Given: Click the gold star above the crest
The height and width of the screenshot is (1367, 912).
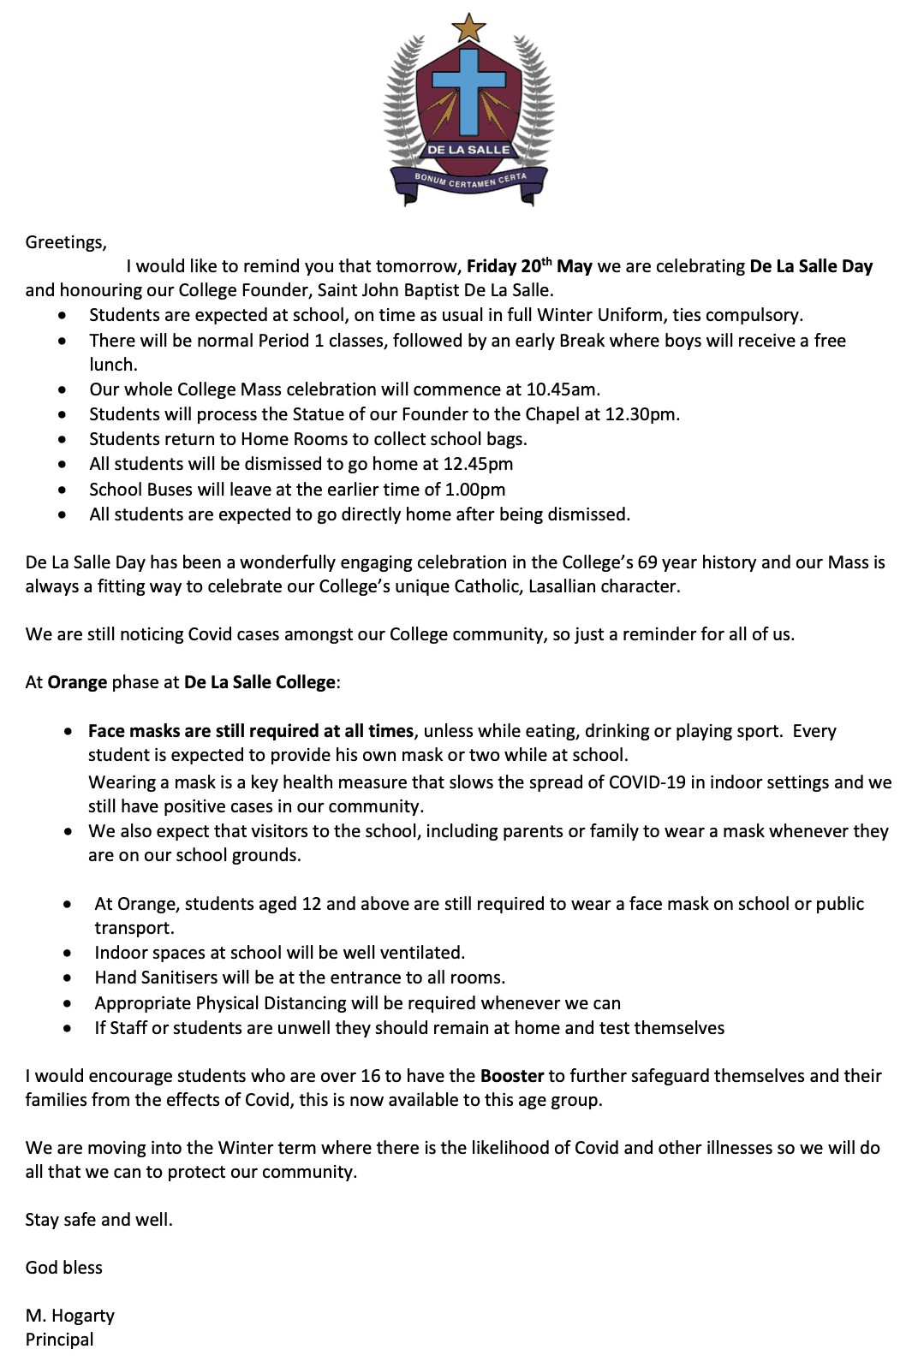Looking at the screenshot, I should pos(468,27).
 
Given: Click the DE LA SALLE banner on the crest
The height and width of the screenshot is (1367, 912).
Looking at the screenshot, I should pos(468,150).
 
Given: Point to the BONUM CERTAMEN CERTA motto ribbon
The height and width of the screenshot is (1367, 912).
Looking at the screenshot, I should pos(470,181).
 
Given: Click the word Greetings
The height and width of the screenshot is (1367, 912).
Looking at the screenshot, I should pos(66,242).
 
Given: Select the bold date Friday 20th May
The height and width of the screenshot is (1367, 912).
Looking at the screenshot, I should pos(529,266).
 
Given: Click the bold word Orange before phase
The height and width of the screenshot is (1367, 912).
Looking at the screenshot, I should pos(77,682).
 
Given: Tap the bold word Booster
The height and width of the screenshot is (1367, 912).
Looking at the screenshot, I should pos(512,1076).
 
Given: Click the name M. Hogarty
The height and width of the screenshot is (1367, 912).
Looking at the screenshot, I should pos(69,1316).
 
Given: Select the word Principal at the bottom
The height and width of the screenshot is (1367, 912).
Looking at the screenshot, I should pos(59,1340).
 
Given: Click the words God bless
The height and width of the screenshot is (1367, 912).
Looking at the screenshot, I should pos(63,1268).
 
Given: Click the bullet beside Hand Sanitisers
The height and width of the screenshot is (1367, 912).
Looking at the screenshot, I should pos(68,978).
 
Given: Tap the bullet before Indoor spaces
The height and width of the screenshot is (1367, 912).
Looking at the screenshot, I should pos(68,954).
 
